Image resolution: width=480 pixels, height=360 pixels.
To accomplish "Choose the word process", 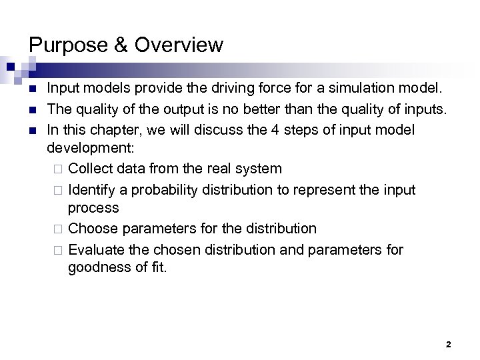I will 93,209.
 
